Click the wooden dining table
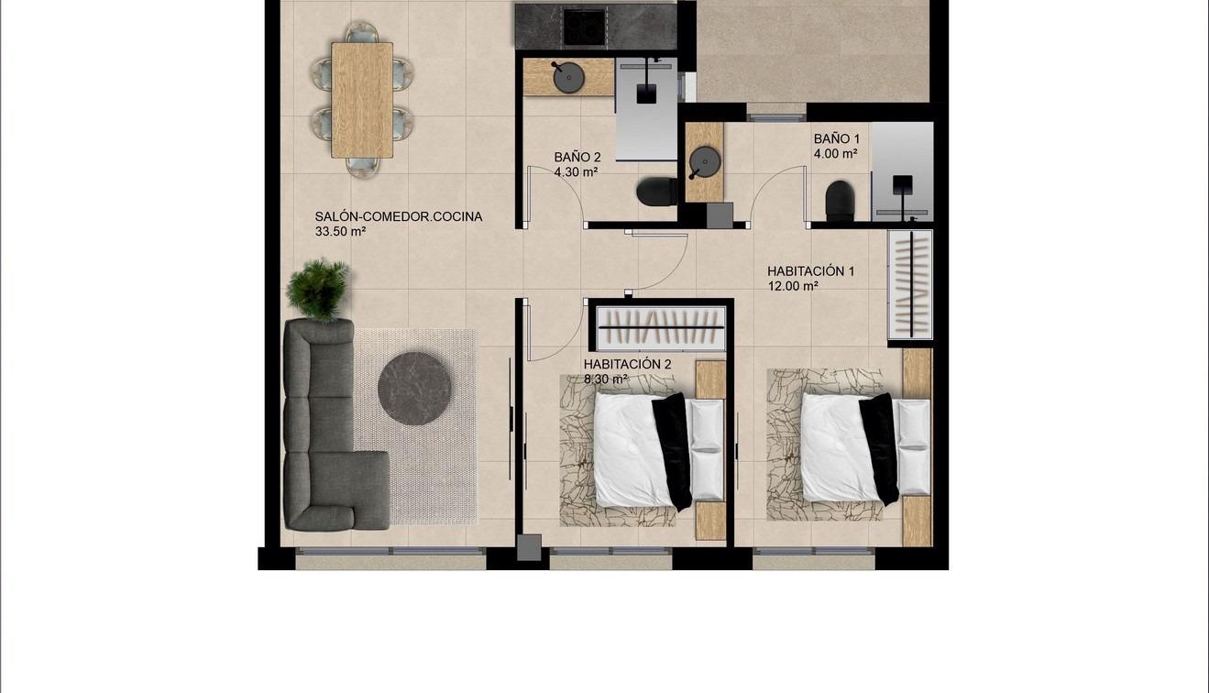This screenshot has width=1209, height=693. pyautogui.click(x=362, y=100)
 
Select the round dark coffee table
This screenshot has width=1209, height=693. pyautogui.click(x=414, y=389)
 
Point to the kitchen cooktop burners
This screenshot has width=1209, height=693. pyautogui.click(x=584, y=26)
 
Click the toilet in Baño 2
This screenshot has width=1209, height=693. pyautogui.click(x=655, y=192)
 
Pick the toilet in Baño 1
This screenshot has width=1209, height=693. pyautogui.click(x=840, y=201)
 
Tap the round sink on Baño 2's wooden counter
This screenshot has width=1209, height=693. pyautogui.click(x=568, y=78)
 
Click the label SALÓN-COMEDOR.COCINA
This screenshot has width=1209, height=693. pyautogui.click(x=399, y=217)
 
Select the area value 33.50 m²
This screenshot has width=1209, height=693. pyautogui.click(x=340, y=232)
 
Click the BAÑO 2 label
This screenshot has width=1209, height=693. pyautogui.click(x=577, y=157)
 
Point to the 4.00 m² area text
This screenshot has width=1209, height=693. pyautogui.click(x=835, y=154)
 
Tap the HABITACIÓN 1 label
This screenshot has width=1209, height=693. pyautogui.click(x=810, y=271)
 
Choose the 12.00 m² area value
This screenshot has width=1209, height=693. pyautogui.click(x=793, y=286)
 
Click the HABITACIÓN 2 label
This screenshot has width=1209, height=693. pyautogui.click(x=628, y=364)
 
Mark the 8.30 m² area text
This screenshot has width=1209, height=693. pyautogui.click(x=606, y=378)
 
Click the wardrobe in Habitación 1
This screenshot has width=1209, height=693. pyautogui.click(x=910, y=284)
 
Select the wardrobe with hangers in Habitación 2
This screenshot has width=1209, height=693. pyautogui.click(x=661, y=327)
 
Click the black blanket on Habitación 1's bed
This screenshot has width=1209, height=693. pyautogui.click(x=880, y=447)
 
